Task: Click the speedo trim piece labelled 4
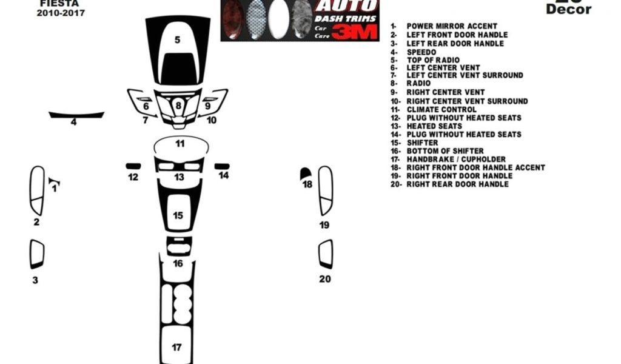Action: (x=76, y=115)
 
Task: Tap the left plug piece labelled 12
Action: (x=133, y=166)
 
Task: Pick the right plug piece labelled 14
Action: (x=222, y=166)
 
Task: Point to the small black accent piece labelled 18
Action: (x=306, y=174)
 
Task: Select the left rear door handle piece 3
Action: (x=37, y=254)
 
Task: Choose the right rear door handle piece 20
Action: (x=326, y=254)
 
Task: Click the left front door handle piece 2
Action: (x=37, y=190)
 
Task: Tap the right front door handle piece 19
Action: (x=326, y=190)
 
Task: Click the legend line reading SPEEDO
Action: (x=421, y=52)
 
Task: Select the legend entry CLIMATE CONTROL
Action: (x=441, y=109)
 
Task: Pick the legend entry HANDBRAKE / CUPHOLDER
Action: (x=456, y=159)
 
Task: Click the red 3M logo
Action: (x=354, y=32)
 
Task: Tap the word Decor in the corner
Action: (x=568, y=9)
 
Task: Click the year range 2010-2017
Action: (x=61, y=13)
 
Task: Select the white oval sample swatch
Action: (x=278, y=20)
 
